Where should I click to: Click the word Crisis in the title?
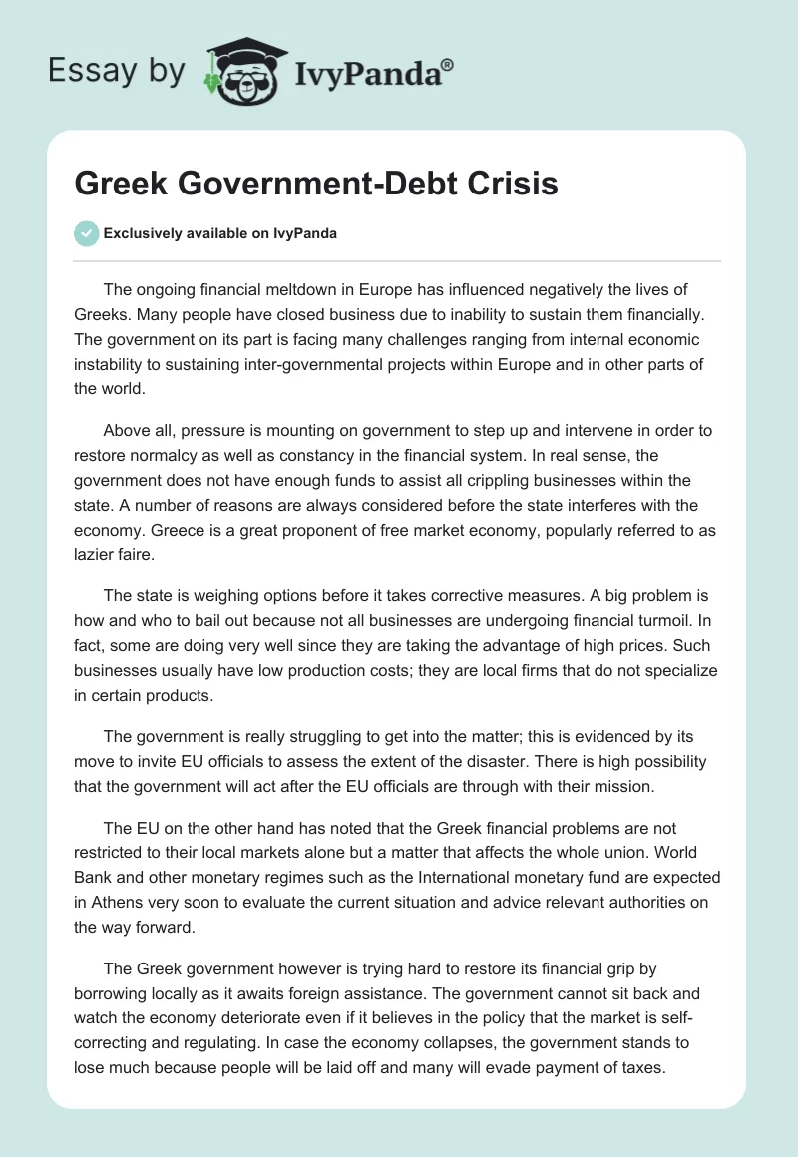pos(507,185)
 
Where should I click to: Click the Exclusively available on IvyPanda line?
pos(220,234)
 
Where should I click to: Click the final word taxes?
pos(639,1068)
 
